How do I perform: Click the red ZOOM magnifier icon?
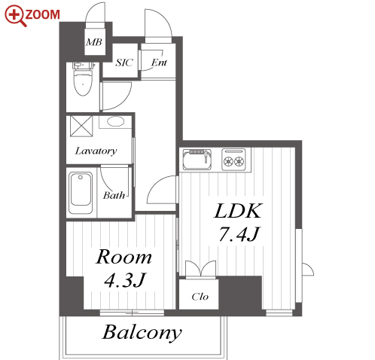pos(16,16)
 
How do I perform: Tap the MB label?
pos(94,42)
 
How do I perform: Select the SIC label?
pos(124,63)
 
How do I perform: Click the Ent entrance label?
pos(159,63)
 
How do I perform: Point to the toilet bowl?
pos(83,82)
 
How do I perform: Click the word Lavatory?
pos(96,151)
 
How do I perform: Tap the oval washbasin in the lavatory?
pos(116,122)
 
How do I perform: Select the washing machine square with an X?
pos(81,126)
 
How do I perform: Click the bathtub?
pos(81,193)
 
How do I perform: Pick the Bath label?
pos(114,195)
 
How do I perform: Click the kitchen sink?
pos(197,160)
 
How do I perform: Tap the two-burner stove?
pos(233,159)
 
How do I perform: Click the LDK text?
pos(238,211)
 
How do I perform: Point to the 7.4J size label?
pos(238,234)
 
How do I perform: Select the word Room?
pos(123,257)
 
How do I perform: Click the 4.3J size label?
pos(125,280)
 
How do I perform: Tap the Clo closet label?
pos(200,297)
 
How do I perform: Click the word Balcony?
pos(142,332)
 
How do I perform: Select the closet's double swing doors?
pos(200,270)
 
